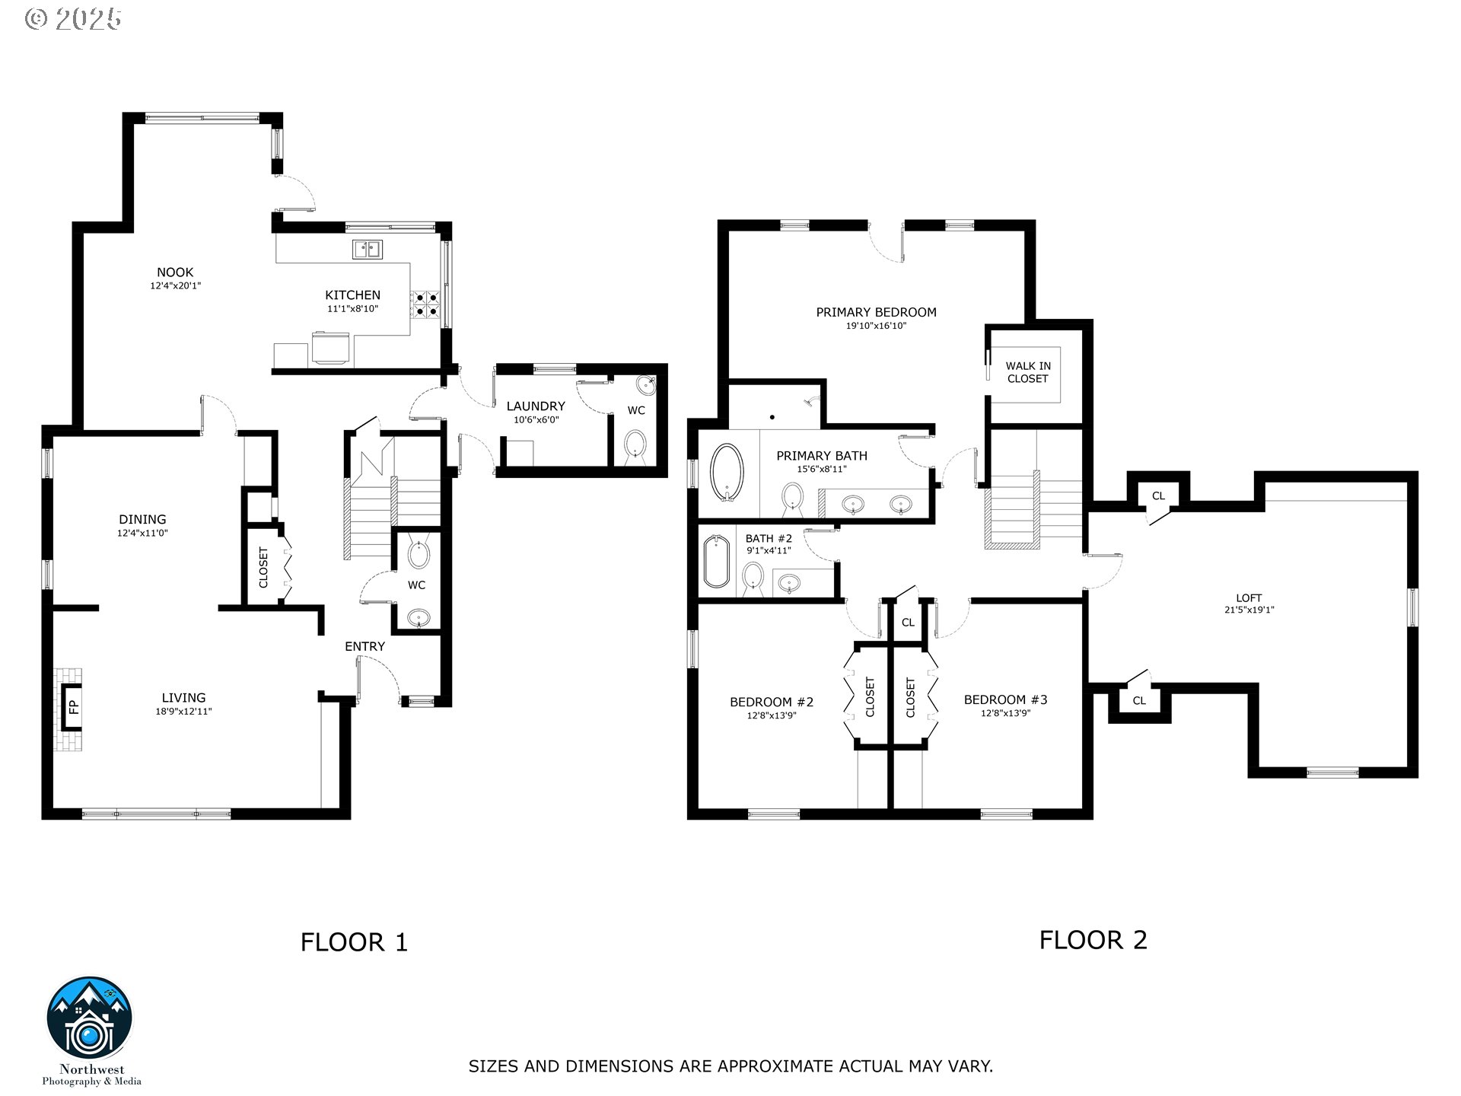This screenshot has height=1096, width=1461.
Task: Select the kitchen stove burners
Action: click(426, 303)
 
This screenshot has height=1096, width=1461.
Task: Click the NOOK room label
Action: click(175, 272)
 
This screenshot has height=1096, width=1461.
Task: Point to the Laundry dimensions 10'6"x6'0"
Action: click(536, 419)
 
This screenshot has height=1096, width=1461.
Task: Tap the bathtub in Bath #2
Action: click(717, 562)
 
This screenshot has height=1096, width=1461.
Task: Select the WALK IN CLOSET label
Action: click(1028, 372)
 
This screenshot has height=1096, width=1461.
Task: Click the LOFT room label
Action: click(1249, 597)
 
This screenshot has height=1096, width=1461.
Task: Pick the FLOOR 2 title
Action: click(1093, 940)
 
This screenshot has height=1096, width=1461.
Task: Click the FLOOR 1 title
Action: click(354, 942)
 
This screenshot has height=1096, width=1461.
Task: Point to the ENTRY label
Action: click(364, 646)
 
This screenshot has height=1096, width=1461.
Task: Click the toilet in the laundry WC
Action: click(635, 445)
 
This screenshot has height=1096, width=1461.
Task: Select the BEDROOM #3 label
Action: click(1005, 699)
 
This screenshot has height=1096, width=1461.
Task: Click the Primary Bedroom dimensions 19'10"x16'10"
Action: click(877, 326)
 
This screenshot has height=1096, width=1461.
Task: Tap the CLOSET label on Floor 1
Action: click(264, 568)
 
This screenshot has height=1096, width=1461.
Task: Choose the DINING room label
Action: click(142, 520)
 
